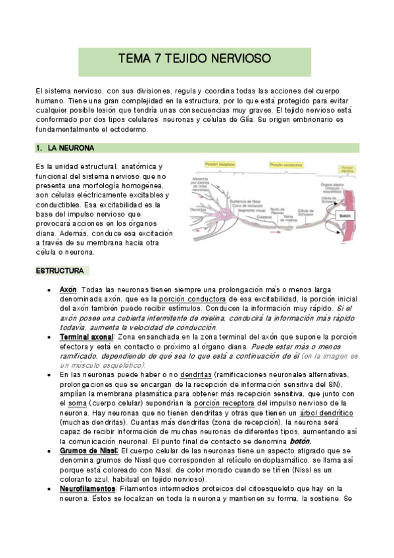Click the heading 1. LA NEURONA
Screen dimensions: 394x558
[x=70, y=147]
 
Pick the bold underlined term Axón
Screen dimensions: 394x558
[x=68, y=290]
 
